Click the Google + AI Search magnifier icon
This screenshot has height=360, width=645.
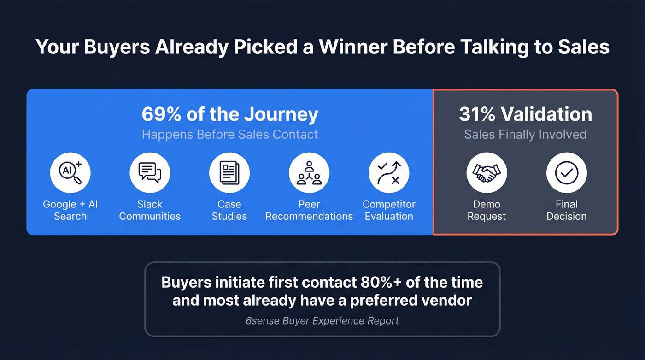click(70, 173)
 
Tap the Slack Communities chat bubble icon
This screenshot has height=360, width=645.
click(150, 173)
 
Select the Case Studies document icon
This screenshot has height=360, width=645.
click(229, 173)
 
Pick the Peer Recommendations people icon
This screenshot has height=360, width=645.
click(309, 173)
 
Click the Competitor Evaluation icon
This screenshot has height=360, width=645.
click(389, 173)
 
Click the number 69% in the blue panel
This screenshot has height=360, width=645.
click(161, 114)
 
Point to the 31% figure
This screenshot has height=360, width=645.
click(477, 114)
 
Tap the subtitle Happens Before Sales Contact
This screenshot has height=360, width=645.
click(230, 135)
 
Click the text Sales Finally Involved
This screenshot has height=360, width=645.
click(525, 135)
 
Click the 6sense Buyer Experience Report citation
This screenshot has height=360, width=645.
click(322, 320)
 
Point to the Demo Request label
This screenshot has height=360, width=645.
click(487, 210)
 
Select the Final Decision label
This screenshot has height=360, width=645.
click(566, 210)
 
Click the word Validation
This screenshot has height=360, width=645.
click(546, 114)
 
